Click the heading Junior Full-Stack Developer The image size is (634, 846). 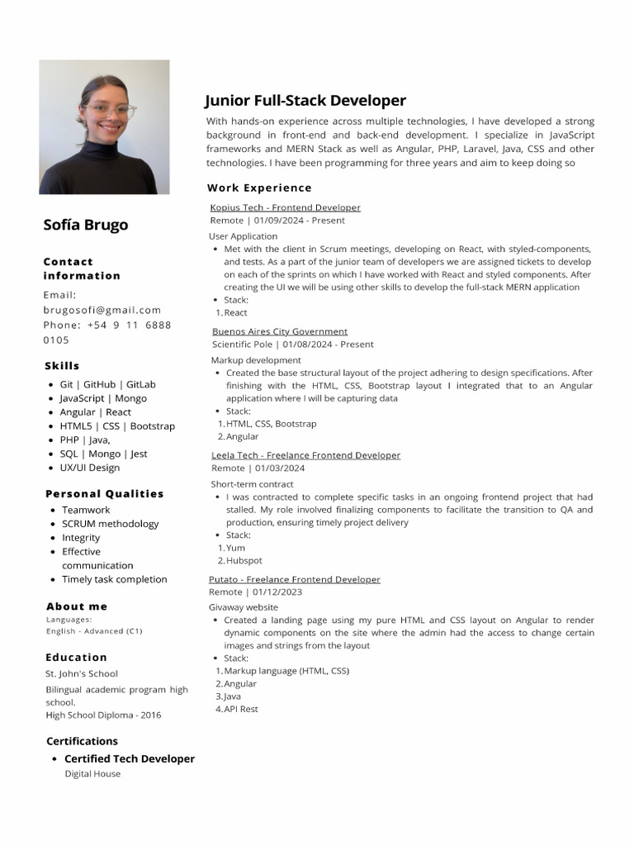[305, 101]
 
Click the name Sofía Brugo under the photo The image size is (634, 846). [86, 225]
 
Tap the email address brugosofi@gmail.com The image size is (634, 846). [102, 310]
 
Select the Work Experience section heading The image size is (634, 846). [259, 188]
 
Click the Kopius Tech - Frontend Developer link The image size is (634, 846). [285, 207]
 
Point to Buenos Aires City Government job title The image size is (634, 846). [280, 331]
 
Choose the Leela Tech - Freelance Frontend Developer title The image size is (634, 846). [305, 455]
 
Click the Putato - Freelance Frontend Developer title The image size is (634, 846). [295, 579]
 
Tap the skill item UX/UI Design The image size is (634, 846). [89, 468]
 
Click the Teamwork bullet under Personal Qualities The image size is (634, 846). [86, 510]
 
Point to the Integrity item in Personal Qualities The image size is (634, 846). [81, 538]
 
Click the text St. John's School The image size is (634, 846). [82, 673]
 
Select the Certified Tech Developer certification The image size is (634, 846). [130, 758]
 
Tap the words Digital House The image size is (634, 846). [92, 774]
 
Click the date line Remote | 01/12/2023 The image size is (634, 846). [255, 592]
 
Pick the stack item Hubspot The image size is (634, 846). [244, 560]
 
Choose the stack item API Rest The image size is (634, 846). [241, 709]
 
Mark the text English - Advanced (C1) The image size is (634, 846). [94, 631]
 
